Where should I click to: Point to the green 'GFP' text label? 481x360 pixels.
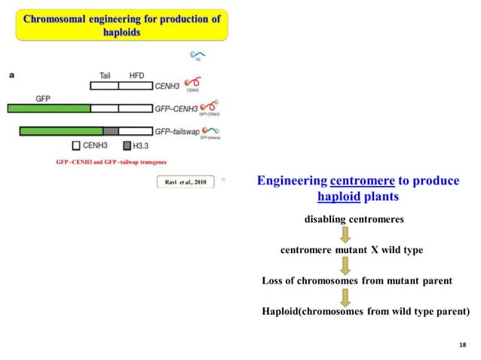click(x=44, y=97)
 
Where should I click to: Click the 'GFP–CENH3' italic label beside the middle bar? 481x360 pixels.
click(x=175, y=108)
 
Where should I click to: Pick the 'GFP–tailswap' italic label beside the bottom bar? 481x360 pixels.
click(x=176, y=130)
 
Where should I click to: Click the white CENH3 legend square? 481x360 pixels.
click(x=76, y=145)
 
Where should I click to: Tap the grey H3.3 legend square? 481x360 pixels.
click(x=127, y=145)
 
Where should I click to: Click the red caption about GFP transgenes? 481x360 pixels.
click(x=112, y=162)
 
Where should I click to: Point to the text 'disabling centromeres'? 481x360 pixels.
click(x=354, y=219)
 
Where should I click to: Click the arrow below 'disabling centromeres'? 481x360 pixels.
click(x=345, y=234)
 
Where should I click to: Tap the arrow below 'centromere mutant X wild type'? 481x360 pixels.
click(x=345, y=265)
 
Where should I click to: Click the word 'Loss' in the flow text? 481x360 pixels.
click(x=274, y=280)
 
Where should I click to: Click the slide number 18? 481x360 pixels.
click(x=462, y=343)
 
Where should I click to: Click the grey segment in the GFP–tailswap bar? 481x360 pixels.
click(x=111, y=131)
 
